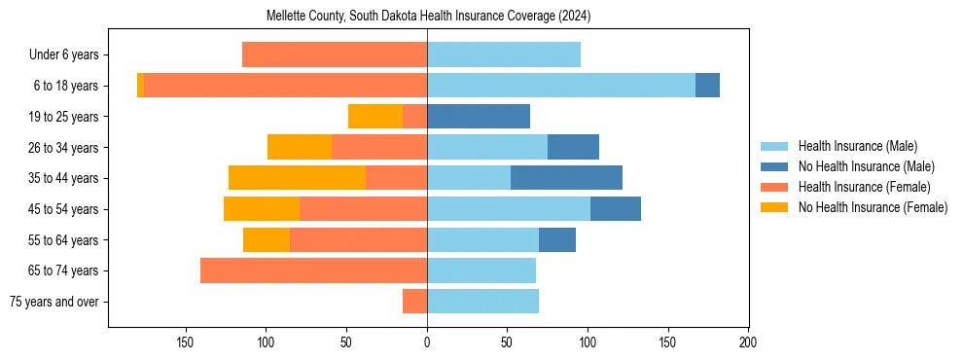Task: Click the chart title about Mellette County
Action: tap(428, 17)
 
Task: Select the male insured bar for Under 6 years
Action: tap(504, 54)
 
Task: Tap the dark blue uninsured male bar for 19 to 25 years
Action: tap(479, 117)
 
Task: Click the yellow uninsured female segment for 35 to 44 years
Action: tap(297, 178)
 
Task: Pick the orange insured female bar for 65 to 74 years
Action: tap(313, 270)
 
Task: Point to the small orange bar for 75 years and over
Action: tap(414, 302)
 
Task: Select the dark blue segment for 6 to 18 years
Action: tap(707, 86)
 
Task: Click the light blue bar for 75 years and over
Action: tap(482, 302)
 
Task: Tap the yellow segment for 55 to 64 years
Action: tap(267, 239)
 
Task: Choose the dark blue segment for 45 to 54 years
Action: tap(616, 209)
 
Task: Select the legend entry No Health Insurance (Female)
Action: tap(873, 207)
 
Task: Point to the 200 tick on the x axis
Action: tap(748, 342)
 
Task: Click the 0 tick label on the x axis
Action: tap(427, 342)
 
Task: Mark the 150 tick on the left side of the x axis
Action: tap(186, 342)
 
